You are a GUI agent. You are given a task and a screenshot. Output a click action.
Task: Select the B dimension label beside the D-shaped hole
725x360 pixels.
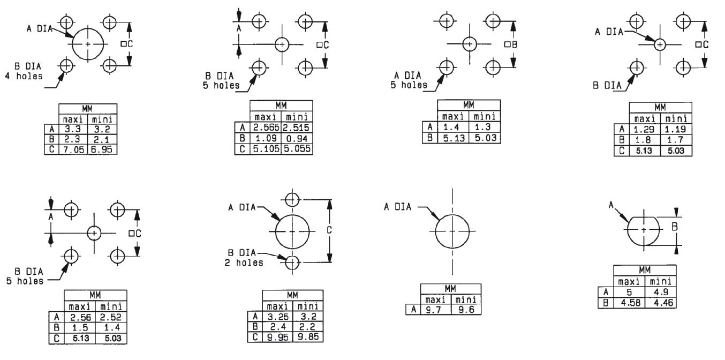(x=675, y=227)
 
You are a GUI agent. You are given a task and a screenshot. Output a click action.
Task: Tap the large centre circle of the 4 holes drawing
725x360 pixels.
(x=89, y=43)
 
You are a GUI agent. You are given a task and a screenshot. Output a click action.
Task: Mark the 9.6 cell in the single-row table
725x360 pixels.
(x=466, y=309)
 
